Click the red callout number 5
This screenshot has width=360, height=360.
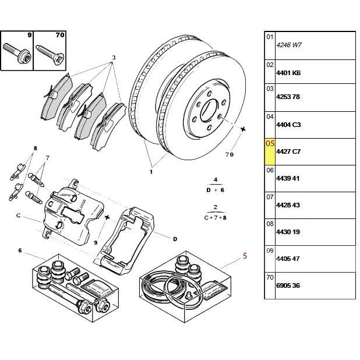[x=245, y=255]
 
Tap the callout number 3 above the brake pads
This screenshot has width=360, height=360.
[x=114, y=57]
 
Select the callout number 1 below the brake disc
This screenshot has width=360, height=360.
[x=151, y=172]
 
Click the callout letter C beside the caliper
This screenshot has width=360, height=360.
[x=19, y=216]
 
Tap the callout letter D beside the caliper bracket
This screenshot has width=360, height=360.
[x=175, y=238]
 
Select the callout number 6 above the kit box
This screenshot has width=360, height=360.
[x=20, y=250]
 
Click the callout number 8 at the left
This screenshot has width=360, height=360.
[x=36, y=149]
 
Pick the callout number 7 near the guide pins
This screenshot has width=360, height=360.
[x=47, y=158]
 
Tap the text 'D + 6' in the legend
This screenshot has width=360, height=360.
[x=215, y=190]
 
